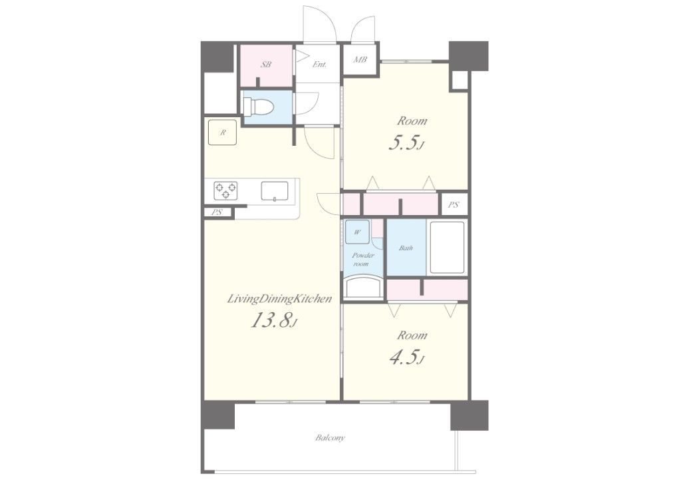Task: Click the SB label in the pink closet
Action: [x=266, y=65]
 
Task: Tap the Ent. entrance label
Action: [x=319, y=65]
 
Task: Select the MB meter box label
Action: [x=360, y=59]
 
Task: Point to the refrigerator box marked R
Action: [x=222, y=132]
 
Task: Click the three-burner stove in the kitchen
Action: [x=226, y=190]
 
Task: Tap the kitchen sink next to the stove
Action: [x=275, y=191]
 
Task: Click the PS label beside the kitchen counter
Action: [x=217, y=212]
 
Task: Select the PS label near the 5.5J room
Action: [x=454, y=204]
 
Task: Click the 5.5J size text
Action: [x=406, y=142]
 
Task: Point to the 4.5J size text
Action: [x=406, y=358]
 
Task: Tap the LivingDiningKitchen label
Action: [x=280, y=299]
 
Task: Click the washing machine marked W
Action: [x=357, y=232]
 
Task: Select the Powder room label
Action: [x=362, y=260]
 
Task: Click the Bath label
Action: [x=406, y=248]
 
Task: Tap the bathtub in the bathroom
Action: [x=447, y=248]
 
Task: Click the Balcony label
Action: [x=330, y=437]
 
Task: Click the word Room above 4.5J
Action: [x=412, y=336]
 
